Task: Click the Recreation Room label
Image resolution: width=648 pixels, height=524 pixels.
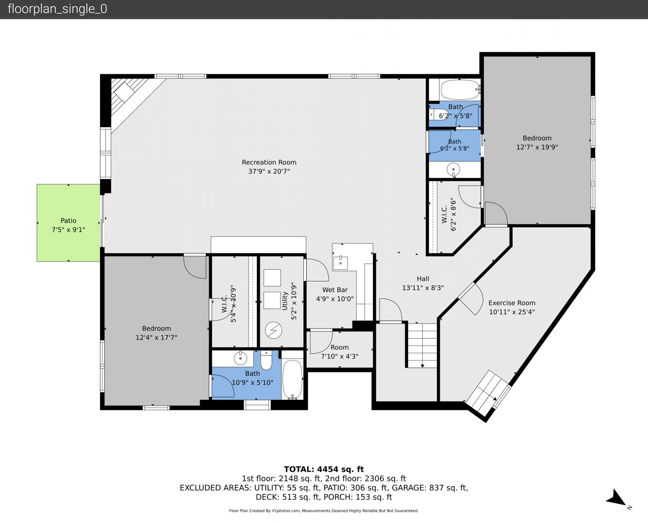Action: pyautogui.click(x=269, y=163)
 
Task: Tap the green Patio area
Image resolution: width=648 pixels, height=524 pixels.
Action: pyautogui.click(x=68, y=223)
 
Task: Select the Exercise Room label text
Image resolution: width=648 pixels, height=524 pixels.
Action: pyautogui.click(x=512, y=303)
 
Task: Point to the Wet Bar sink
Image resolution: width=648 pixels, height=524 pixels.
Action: pyautogui.click(x=340, y=263)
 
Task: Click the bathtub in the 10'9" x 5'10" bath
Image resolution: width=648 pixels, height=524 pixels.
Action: pyautogui.click(x=292, y=379)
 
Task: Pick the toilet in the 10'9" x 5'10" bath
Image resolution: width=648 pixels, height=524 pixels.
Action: pyautogui.click(x=266, y=360)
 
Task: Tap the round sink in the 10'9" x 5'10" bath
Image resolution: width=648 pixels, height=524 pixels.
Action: pyautogui.click(x=240, y=359)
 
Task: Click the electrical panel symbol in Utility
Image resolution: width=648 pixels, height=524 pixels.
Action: pyautogui.click(x=273, y=330)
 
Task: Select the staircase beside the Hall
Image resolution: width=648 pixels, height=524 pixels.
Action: pyautogui.click(x=422, y=345)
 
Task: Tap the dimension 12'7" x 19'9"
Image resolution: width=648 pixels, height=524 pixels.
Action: pyautogui.click(x=537, y=147)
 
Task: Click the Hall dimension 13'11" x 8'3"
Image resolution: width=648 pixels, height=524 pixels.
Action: pyautogui.click(x=423, y=288)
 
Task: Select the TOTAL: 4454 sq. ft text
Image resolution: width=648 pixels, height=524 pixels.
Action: pyautogui.click(x=324, y=469)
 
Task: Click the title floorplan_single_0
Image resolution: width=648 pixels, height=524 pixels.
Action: pyautogui.click(x=57, y=9)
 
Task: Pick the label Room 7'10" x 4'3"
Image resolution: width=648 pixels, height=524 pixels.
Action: pyautogui.click(x=339, y=352)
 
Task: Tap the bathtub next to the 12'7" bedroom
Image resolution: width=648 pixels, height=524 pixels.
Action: pyautogui.click(x=460, y=90)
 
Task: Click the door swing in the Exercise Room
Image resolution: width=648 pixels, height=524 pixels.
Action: pyautogui.click(x=471, y=299)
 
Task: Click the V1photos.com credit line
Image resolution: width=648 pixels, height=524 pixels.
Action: pyautogui.click(x=324, y=510)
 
